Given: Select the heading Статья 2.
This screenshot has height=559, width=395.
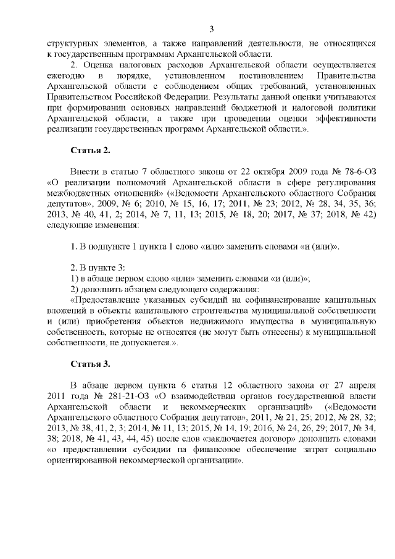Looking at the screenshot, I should (x=91, y=150).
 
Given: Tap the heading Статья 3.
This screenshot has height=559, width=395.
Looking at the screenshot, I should (x=91, y=363).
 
